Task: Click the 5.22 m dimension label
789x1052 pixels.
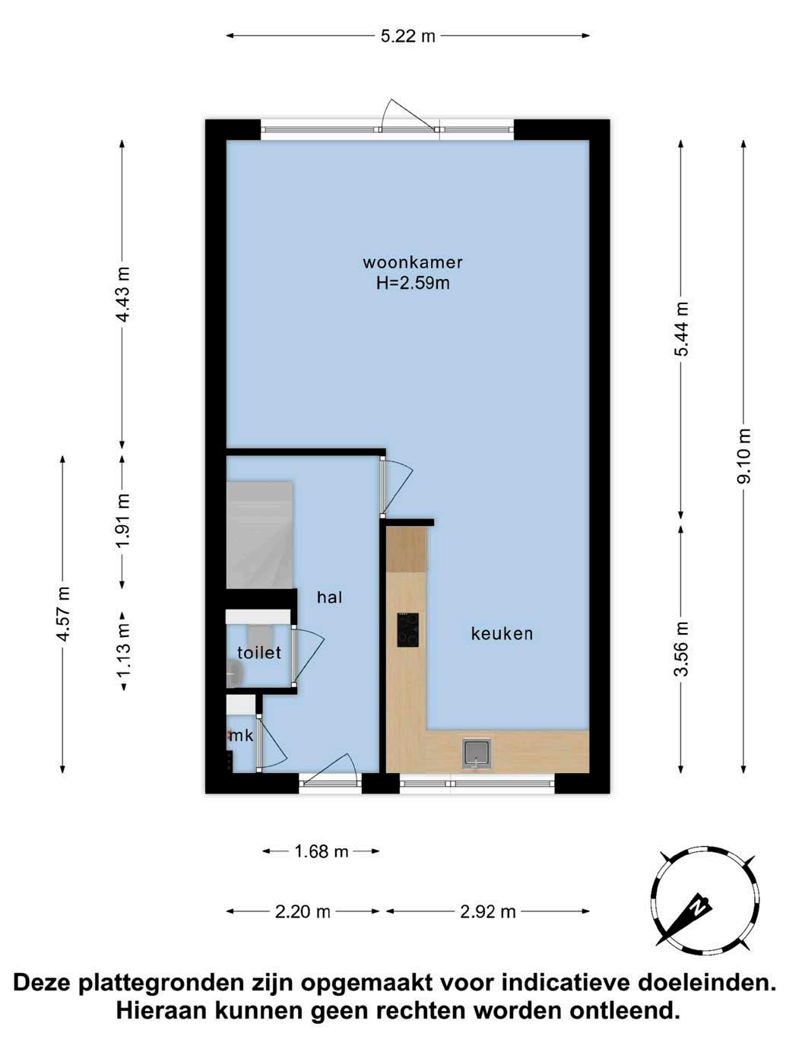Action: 407,36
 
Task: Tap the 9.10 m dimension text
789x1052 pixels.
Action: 743,455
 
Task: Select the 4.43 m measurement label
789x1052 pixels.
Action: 123,294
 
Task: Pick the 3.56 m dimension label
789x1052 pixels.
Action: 681,648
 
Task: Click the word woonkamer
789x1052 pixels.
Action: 413,262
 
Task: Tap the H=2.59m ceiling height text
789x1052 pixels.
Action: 413,284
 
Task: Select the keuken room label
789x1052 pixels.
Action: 502,634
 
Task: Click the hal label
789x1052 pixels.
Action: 330,597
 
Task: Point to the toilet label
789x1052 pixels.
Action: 259,653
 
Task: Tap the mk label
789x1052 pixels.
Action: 242,736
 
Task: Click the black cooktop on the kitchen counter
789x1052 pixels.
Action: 407,630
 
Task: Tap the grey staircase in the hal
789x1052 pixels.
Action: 259,534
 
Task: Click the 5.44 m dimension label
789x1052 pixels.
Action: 681,329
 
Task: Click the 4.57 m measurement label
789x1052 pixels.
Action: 63,613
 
